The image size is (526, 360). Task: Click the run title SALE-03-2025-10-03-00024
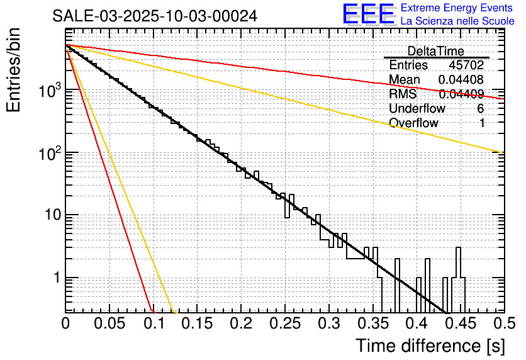155,16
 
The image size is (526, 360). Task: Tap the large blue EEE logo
368,14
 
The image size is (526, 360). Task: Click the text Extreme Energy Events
457,8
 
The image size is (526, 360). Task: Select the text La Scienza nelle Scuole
457,21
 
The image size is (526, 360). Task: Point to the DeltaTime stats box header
435,51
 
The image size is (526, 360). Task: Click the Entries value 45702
466,65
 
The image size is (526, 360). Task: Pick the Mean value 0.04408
461,80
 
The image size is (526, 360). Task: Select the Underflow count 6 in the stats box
481,109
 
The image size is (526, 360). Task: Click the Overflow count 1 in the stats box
482,123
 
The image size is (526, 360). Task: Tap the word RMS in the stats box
403,94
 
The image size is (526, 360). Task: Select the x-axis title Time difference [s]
429,346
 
